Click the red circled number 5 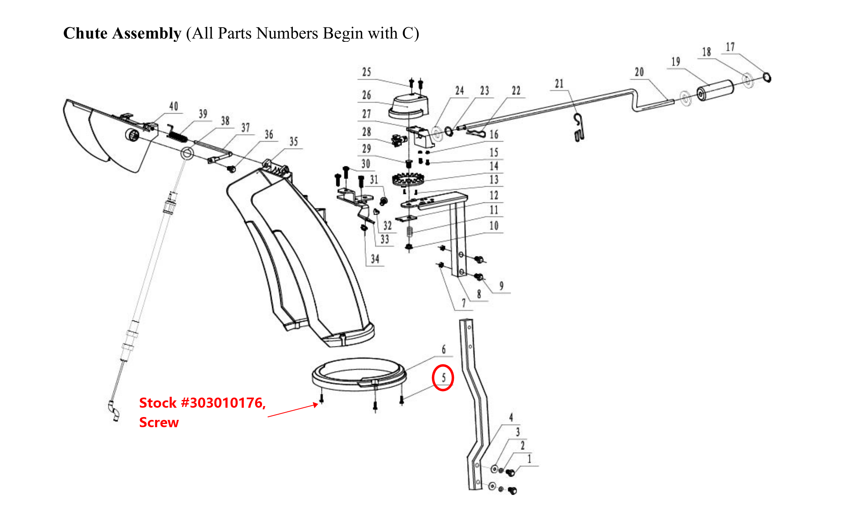pyautogui.click(x=443, y=378)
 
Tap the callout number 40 pyautogui.click(x=174, y=106)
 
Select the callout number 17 pyautogui.click(x=730, y=47)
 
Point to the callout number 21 pyautogui.click(x=559, y=84)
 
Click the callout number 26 pyautogui.click(x=367, y=95)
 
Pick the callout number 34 pyautogui.click(x=375, y=259)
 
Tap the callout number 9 pyautogui.click(x=501, y=286)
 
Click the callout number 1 pyautogui.click(x=529, y=459)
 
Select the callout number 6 pyautogui.click(x=444, y=349)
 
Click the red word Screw pyautogui.click(x=159, y=422)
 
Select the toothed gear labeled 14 pyautogui.click(x=408, y=179)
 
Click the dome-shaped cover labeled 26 pyautogui.click(x=408, y=104)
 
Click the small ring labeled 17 pyautogui.click(x=767, y=77)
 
